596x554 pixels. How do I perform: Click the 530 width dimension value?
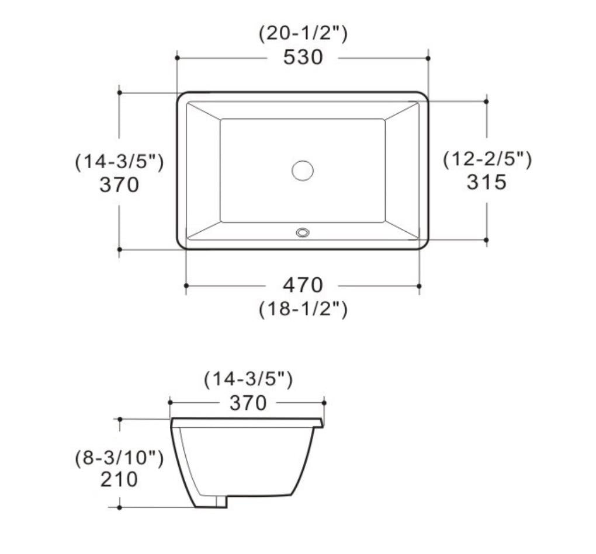303,57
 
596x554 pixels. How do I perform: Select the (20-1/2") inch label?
303,34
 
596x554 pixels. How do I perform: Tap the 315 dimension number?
486,182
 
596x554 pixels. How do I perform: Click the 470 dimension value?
303,285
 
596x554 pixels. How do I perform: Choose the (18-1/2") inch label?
303,309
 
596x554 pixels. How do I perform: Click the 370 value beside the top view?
119,184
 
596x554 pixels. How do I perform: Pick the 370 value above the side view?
248,403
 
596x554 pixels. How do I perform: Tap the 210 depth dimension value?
119,479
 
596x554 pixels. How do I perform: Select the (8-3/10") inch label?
119,458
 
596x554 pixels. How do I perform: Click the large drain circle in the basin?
303,170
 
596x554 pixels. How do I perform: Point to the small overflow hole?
303,232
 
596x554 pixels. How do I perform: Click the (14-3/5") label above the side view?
248,379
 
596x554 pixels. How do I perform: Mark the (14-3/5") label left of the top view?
119,162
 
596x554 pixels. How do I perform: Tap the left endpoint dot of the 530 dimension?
176,58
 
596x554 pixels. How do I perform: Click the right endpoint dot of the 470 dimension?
420,285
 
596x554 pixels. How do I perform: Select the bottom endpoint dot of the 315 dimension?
486,239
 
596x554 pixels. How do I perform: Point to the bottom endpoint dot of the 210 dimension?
119,507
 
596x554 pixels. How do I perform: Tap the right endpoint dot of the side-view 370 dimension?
324,402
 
